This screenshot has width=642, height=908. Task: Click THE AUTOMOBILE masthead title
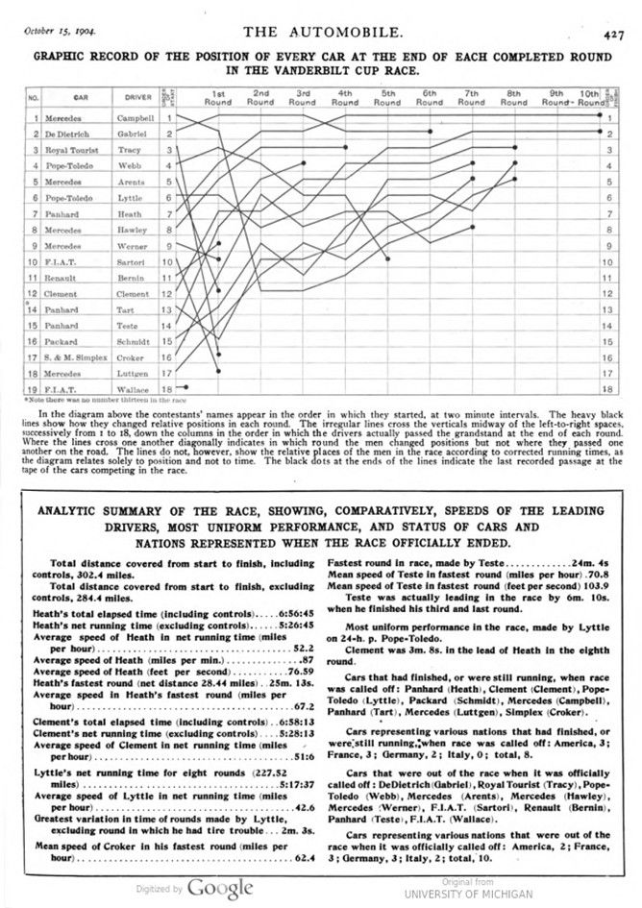(x=323, y=32)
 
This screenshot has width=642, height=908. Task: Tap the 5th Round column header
(x=387, y=97)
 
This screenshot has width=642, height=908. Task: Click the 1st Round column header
(x=218, y=97)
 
